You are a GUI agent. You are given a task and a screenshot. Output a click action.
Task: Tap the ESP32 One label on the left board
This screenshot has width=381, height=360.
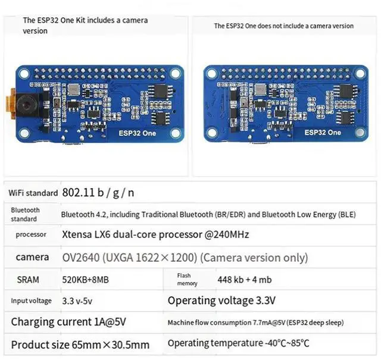137,133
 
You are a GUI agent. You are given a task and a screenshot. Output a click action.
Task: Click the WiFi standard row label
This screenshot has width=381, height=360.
33,193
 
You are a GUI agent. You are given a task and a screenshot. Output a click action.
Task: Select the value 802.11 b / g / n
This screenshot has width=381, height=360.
98,192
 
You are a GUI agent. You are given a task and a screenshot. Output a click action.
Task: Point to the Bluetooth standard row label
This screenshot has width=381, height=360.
25,214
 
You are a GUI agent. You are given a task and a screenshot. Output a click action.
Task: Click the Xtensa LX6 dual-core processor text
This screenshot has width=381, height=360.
155,234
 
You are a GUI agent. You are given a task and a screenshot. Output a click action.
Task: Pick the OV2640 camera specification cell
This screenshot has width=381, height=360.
185,258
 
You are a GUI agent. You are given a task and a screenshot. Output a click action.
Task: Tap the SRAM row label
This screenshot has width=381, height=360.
28,279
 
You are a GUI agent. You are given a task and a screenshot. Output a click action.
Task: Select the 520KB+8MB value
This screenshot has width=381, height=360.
85,279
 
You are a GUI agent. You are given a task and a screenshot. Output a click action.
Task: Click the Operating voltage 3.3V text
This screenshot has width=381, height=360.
221,300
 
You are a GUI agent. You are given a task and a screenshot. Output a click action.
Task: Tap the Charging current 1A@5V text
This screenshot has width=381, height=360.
68,323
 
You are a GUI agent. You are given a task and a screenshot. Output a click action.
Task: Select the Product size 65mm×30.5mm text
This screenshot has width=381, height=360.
80,345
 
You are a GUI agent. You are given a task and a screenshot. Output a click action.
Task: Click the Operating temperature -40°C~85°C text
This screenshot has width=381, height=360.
238,343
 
